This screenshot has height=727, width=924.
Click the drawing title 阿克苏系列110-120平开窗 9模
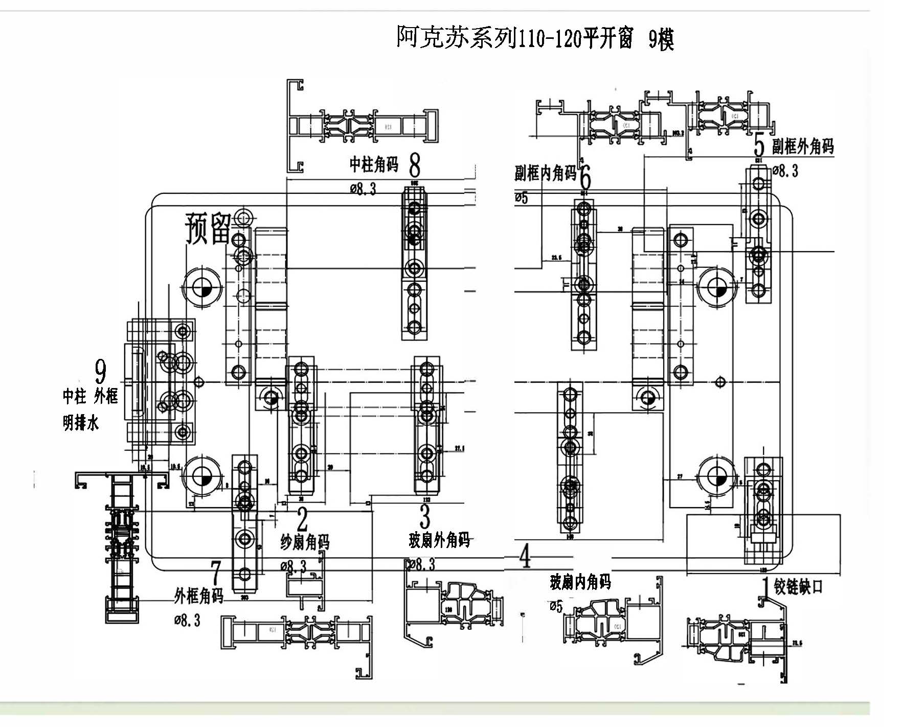[x=535, y=38]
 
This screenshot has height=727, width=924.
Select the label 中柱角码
[x=374, y=164]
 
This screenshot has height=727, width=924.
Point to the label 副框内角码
[x=545, y=173]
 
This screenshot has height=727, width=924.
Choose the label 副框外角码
[x=803, y=147]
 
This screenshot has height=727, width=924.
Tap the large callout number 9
[x=101, y=371]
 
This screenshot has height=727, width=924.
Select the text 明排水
[x=80, y=423]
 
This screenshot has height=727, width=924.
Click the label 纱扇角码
[x=305, y=542]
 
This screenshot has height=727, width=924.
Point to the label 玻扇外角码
[x=439, y=540]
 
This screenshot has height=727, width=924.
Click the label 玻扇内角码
[x=580, y=582]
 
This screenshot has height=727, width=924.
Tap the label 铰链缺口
[x=798, y=586]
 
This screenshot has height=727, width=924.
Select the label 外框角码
[x=199, y=596]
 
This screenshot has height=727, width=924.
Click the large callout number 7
[x=216, y=573]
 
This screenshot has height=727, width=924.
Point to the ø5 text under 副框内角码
[x=521, y=197]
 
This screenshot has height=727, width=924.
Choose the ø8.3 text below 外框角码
[x=187, y=620]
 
